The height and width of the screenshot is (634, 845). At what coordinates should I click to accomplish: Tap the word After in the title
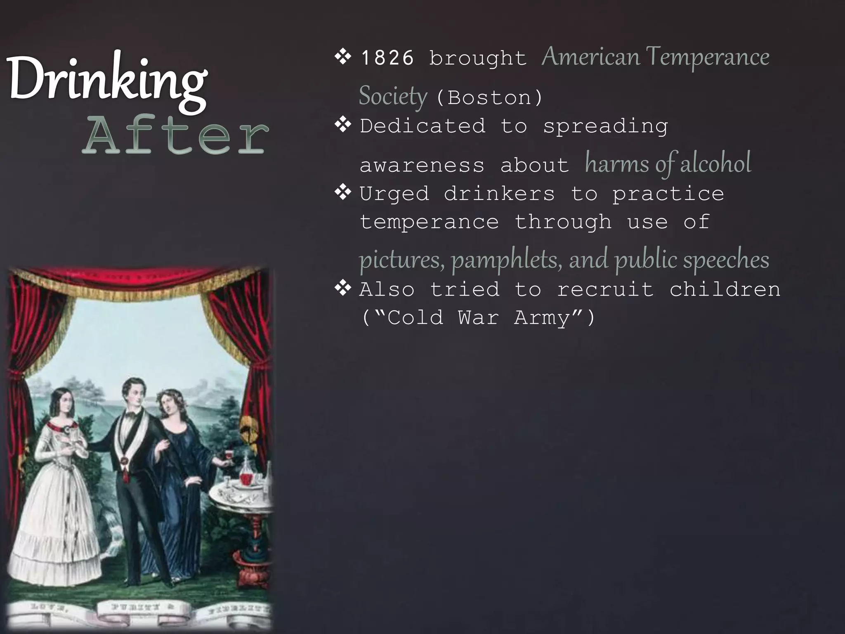(175, 134)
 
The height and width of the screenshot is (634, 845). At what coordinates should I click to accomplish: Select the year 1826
(387, 58)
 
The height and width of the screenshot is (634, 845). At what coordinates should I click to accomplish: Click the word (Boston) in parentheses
(489, 98)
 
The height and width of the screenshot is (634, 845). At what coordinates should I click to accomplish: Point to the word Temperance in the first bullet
(708, 57)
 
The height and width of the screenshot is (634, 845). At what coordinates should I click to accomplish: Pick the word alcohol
(715, 163)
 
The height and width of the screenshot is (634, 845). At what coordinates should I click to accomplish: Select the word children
(725, 289)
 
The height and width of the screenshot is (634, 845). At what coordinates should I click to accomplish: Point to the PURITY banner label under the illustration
(143, 607)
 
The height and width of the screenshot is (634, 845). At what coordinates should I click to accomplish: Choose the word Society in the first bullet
(393, 97)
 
